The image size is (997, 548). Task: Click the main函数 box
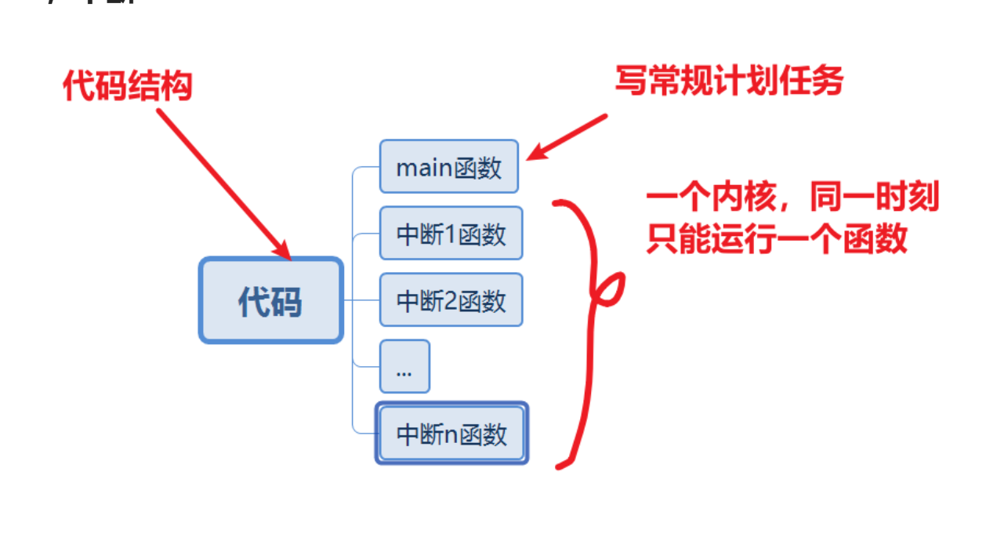tap(449, 167)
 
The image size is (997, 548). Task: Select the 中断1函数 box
tap(451, 234)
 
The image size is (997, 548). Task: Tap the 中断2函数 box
tap(451, 300)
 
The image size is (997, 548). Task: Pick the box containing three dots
tap(404, 367)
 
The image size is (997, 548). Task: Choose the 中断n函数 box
tap(451, 434)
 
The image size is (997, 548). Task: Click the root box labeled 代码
tap(270, 301)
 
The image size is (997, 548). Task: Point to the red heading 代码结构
tap(128, 87)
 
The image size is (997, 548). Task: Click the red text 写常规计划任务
tap(728, 82)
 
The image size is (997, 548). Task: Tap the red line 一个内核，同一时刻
tap(792, 198)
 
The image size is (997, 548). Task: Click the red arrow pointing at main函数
tap(566, 137)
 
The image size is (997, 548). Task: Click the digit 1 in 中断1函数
tap(450, 234)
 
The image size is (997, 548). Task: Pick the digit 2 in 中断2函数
tap(451, 301)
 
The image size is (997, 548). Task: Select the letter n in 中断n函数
tap(451, 435)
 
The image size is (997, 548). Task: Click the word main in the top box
tap(424, 168)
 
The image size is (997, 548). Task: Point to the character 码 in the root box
tap(287, 302)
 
